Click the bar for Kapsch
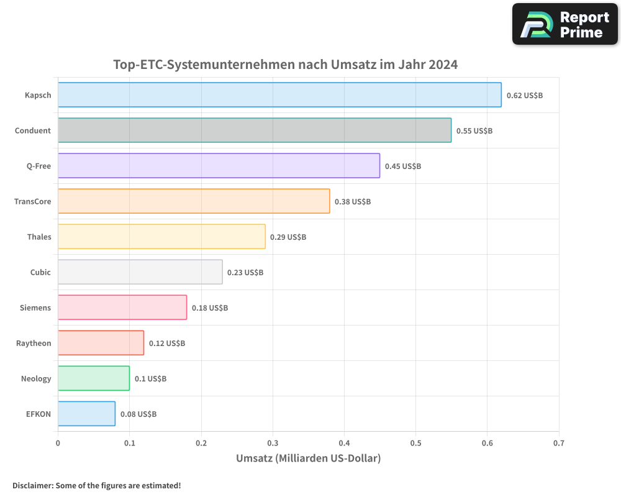coord(279,95)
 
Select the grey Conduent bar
coord(255,130)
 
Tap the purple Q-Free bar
coord(219,166)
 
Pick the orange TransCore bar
coord(194,201)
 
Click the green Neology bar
coord(94,378)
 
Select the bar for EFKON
coord(86,414)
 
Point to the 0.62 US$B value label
coord(525,96)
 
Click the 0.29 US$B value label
coord(288,237)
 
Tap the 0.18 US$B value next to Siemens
coord(210,308)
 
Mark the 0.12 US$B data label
coord(167,344)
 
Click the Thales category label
coord(39,237)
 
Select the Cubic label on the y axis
coord(40,272)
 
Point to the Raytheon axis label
coord(34,343)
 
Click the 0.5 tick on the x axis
coord(415,444)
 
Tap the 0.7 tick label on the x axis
coord(559,444)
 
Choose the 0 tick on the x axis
coord(58,444)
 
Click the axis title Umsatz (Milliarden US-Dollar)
coord(308,458)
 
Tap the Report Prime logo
coord(565,24)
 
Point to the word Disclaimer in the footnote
coord(32,486)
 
